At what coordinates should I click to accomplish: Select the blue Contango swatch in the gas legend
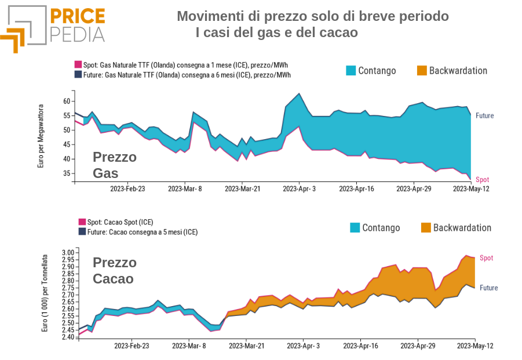coord(351,71)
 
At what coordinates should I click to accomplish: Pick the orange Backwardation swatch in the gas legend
coord(422,71)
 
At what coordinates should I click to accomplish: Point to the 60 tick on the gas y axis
coord(65,101)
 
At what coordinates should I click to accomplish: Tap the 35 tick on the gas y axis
coord(65,173)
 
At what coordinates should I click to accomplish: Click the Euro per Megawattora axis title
coord(41,137)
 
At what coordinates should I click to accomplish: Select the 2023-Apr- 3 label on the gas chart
coord(300,188)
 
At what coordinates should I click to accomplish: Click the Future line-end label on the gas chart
coord(485,116)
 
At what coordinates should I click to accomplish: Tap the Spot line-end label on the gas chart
coord(482,180)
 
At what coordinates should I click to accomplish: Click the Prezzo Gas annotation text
coord(114,165)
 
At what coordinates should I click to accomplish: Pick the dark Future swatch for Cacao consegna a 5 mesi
coord(82,232)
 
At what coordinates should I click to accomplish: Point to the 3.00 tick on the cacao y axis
coord(68,253)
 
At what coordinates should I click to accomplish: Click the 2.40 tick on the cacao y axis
coord(68,337)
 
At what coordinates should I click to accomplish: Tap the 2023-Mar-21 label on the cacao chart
coord(246,346)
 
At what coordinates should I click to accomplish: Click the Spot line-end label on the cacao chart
coord(486,258)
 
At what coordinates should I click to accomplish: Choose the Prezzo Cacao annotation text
coord(114,271)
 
